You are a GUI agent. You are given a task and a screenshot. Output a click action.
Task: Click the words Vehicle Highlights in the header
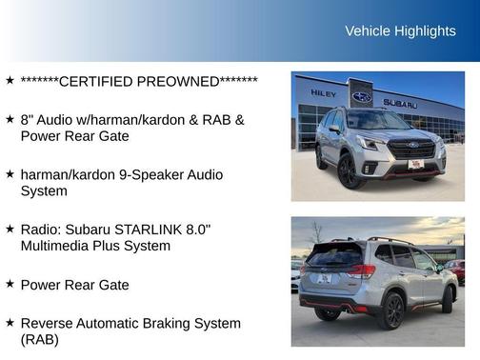[400, 31]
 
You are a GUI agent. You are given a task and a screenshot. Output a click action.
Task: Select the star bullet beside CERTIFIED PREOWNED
[9, 81]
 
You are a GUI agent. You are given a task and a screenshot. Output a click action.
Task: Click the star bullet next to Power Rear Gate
[9, 284]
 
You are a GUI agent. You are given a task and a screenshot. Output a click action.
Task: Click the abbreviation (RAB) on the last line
[39, 340]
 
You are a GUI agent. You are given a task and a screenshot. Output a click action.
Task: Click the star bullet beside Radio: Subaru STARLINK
[9, 230]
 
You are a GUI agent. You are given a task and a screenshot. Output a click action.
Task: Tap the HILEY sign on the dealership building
[324, 93]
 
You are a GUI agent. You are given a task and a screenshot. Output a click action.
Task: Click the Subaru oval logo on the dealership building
[362, 96]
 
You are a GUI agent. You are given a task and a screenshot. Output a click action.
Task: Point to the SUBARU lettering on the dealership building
[400, 103]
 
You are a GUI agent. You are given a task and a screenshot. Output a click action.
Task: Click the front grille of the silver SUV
[411, 151]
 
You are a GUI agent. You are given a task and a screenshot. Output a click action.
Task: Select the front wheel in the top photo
[348, 171]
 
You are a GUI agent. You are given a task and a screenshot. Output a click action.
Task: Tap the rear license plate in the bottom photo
[323, 279]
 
